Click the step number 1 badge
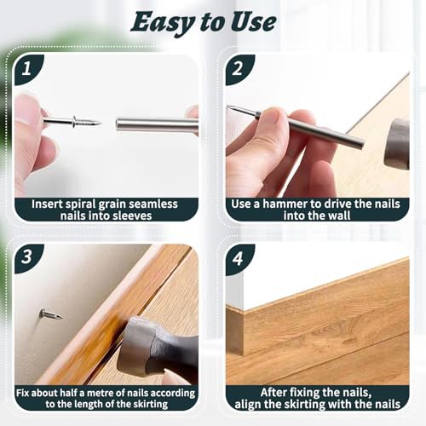click(27, 69)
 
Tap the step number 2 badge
click(238, 69)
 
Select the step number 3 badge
click(27, 257)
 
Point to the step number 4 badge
click(238, 258)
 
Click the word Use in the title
click(253, 22)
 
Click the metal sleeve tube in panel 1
click(157, 124)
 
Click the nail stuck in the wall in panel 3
click(50, 314)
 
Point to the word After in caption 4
click(276, 393)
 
